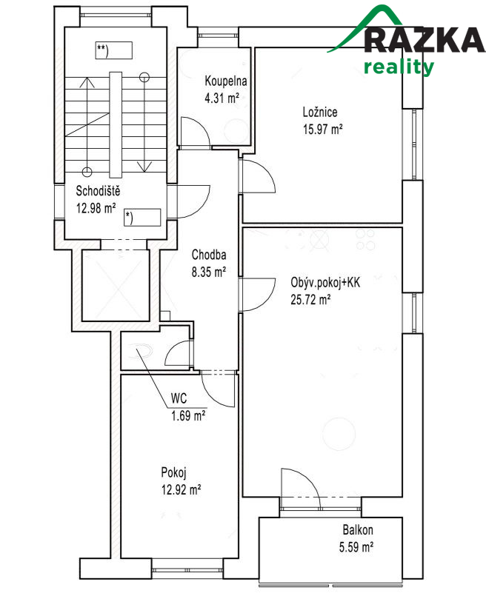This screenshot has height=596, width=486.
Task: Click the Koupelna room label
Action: coord(225,82)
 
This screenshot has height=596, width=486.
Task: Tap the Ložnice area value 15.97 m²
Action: coord(322,128)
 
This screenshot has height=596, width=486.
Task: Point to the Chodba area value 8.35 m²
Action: coord(208,272)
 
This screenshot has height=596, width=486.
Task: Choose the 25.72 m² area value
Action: coord(310,300)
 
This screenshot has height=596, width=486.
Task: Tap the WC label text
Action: coord(179,398)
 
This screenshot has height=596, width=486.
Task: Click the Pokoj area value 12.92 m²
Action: coord(181,489)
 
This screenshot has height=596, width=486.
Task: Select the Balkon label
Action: coord(357,531)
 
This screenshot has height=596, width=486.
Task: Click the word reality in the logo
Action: coord(399,67)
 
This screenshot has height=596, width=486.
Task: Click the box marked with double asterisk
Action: coord(113,51)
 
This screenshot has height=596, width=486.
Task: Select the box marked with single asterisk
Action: coord(142,217)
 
